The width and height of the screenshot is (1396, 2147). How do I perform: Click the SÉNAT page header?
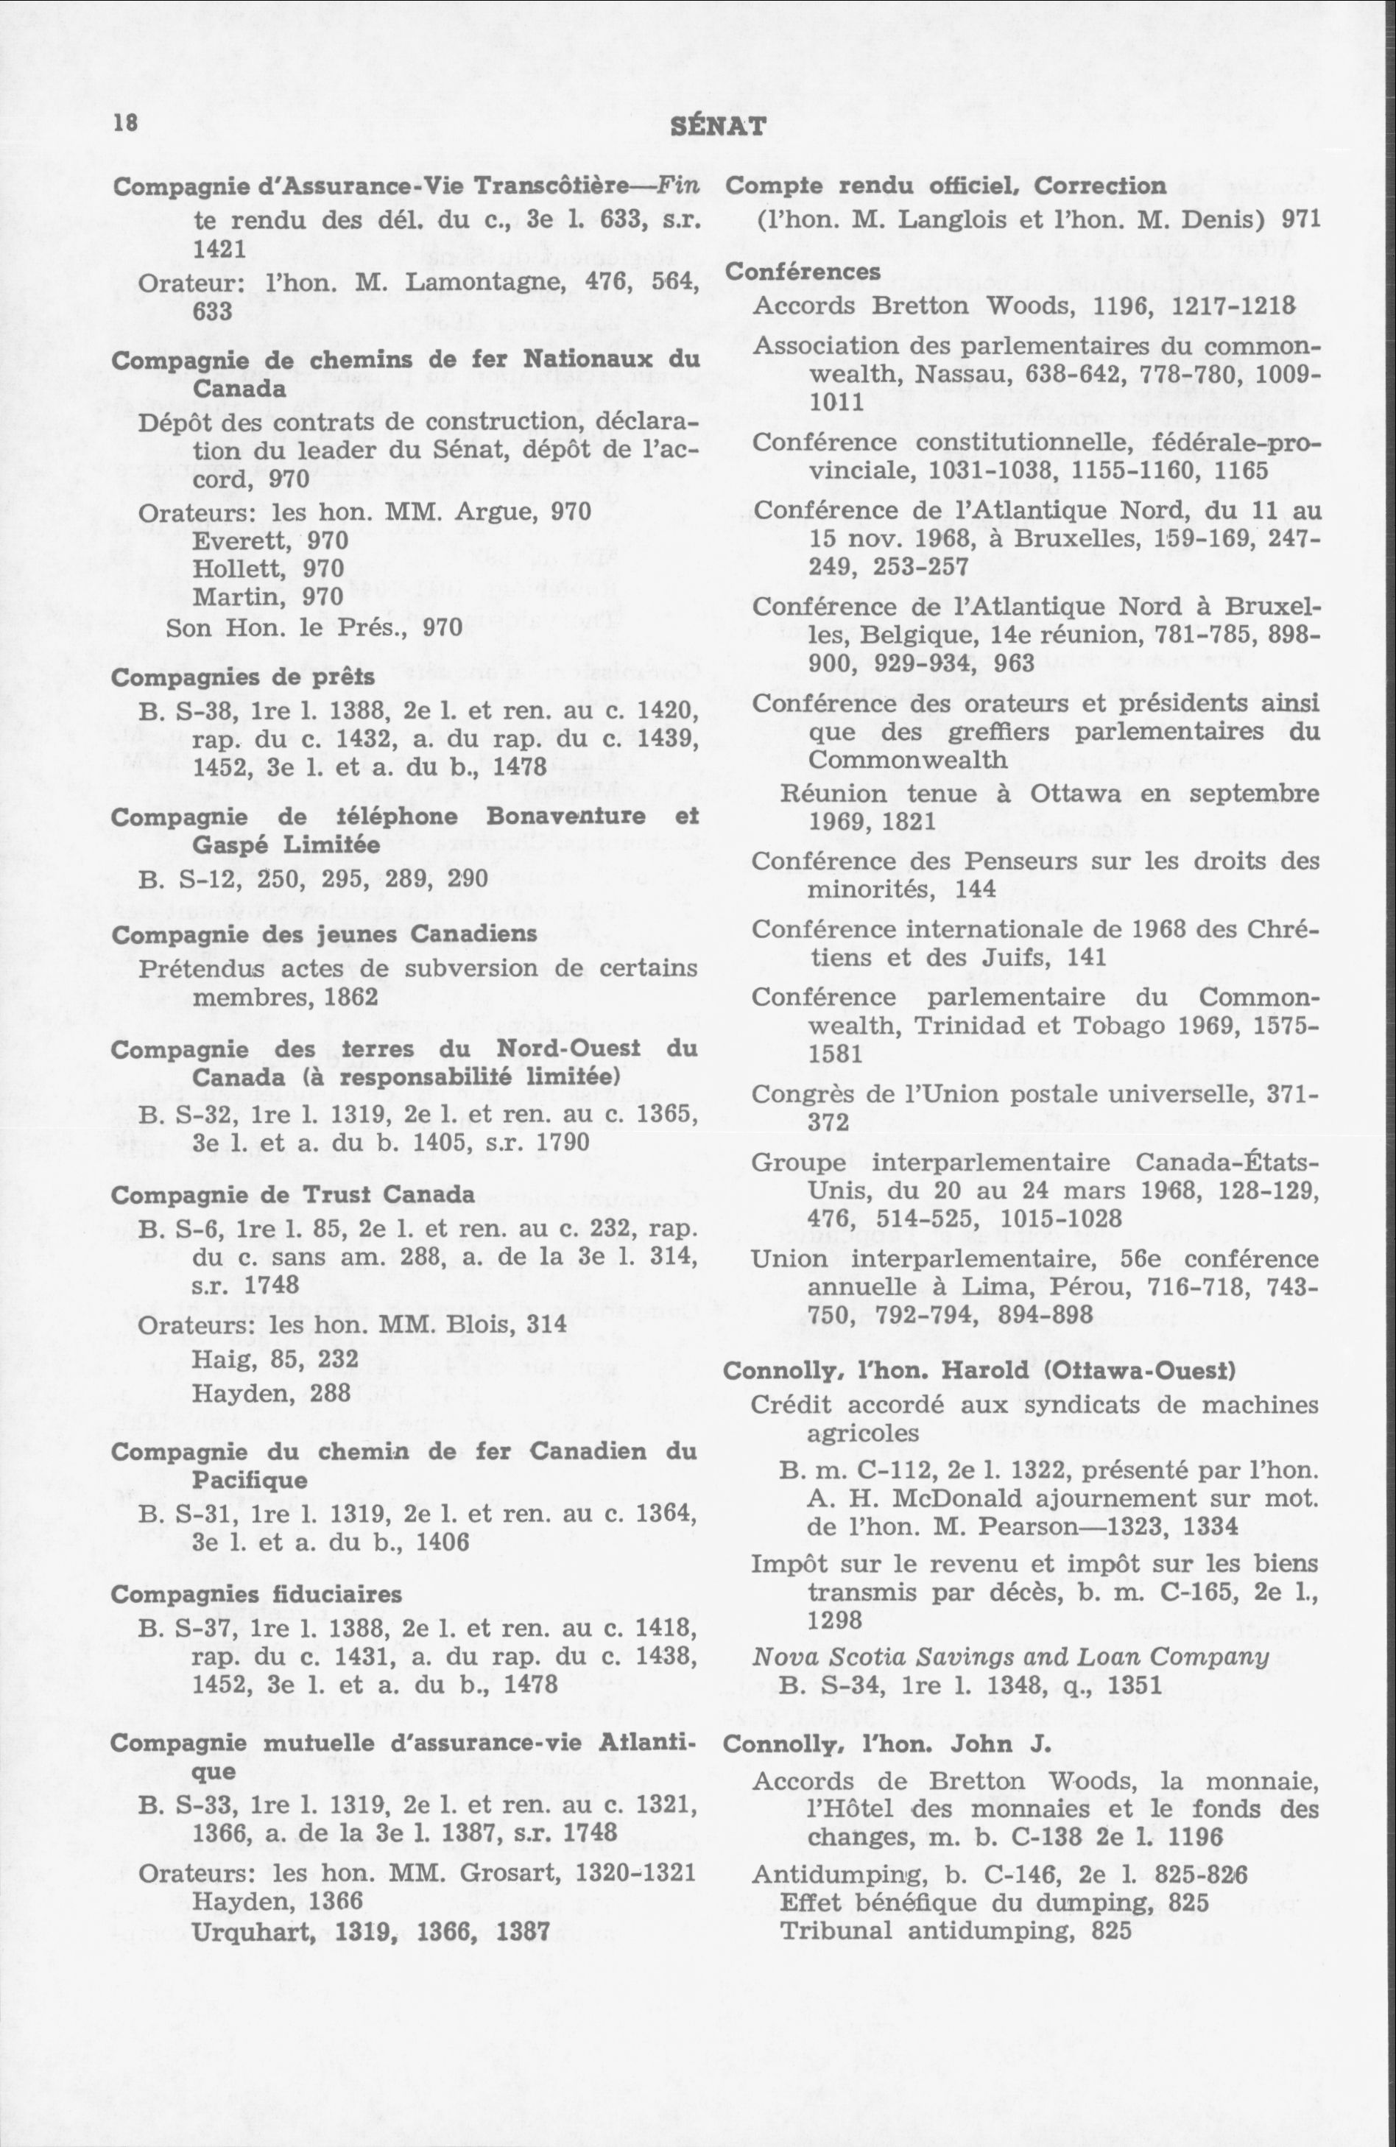[719, 124]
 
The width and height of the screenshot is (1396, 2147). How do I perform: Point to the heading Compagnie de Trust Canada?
[292, 1194]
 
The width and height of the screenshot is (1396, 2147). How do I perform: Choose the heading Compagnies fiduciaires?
[256, 1594]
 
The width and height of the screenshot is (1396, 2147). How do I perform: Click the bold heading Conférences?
[803, 272]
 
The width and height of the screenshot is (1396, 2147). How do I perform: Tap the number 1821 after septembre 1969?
[903, 822]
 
